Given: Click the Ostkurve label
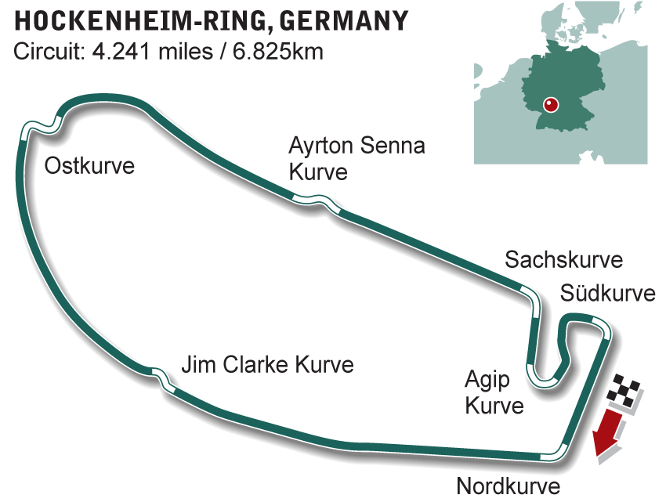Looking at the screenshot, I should click(89, 166).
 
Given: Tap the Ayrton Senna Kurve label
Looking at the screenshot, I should click(357, 158).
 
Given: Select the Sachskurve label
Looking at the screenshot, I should click(563, 260).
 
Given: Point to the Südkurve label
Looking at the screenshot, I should click(607, 294).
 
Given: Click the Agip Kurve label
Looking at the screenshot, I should click(494, 393).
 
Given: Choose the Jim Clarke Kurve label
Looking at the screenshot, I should click(267, 365).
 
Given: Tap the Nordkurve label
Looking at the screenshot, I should click(508, 486).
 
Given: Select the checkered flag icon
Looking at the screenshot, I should click(627, 392).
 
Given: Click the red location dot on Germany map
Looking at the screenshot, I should click(550, 104).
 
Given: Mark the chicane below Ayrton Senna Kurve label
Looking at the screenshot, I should click(317, 202).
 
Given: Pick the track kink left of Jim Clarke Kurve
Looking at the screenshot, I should click(162, 377).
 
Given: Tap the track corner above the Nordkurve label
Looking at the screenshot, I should click(558, 450).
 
